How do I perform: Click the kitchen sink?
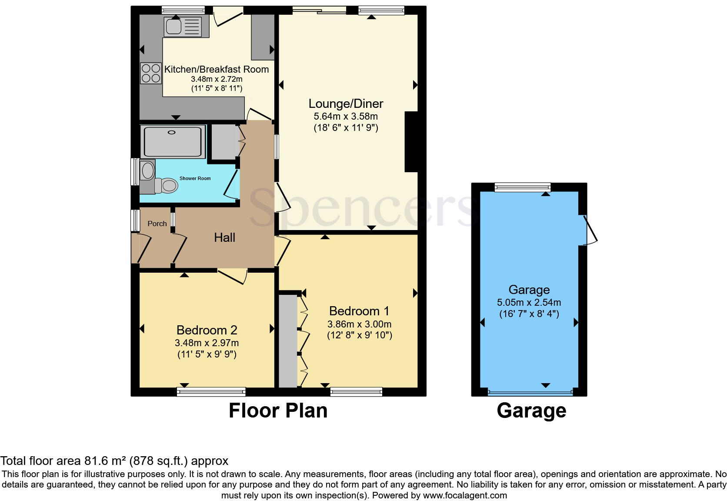[183, 27]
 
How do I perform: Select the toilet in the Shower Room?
[166, 186]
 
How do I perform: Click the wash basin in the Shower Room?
[148, 170]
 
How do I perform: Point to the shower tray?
[173, 141]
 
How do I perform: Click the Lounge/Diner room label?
[346, 104]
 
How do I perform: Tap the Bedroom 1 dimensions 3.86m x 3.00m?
[359, 324]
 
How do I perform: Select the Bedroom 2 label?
[207, 330]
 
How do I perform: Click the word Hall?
[224, 237]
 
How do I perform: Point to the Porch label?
[157, 224]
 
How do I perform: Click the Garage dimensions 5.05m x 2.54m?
[529, 302]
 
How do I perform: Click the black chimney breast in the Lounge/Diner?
[411, 142]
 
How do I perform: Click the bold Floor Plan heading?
[278, 411]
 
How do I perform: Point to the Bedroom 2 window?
[211, 392]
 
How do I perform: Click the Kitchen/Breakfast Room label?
[216, 69]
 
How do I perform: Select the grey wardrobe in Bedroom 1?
[287, 341]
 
